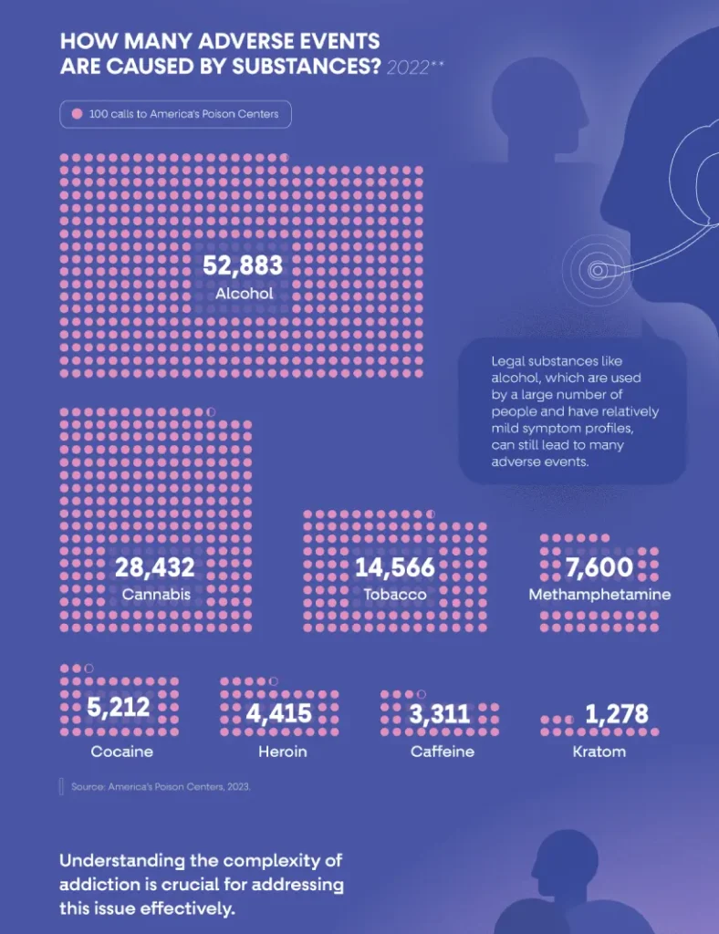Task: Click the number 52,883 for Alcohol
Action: (x=243, y=265)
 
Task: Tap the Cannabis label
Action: (x=156, y=595)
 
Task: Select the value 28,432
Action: (x=155, y=568)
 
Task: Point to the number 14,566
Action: (x=395, y=568)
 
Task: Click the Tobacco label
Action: (x=395, y=595)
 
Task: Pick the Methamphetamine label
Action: (x=599, y=595)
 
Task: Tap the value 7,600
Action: (x=599, y=568)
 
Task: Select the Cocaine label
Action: (x=122, y=752)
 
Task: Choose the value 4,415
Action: (x=279, y=713)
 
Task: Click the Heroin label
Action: (x=282, y=752)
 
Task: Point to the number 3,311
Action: (x=440, y=714)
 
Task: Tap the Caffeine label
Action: (x=443, y=752)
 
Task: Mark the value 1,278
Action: (x=617, y=714)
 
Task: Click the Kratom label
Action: (x=599, y=752)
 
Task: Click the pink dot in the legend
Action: (x=77, y=114)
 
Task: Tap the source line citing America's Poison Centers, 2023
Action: (x=161, y=786)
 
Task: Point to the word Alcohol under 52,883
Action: (x=245, y=294)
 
